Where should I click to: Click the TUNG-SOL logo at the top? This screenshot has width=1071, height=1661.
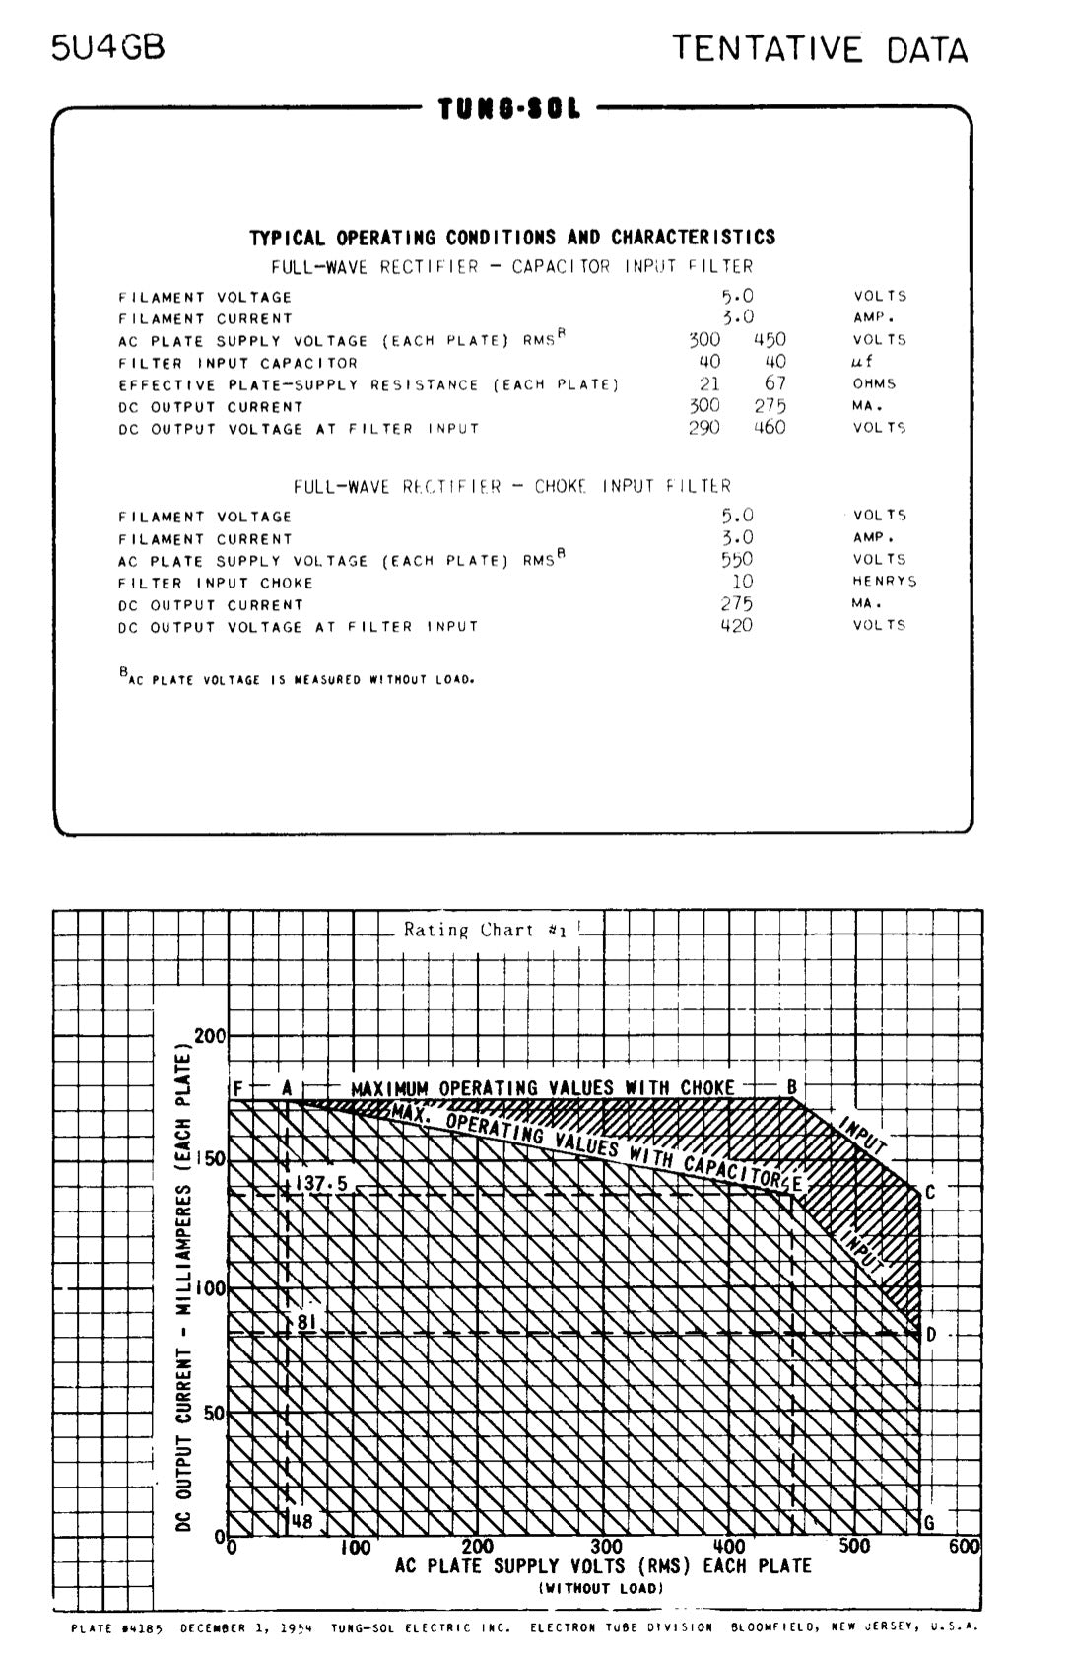509,107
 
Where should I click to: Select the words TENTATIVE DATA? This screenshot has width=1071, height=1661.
820,49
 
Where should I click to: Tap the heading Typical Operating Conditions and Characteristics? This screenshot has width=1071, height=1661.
511,238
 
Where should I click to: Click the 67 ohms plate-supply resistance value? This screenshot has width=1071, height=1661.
775,383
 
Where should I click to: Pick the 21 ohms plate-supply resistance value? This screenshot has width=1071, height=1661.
709,383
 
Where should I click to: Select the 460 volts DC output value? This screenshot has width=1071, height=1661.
770,427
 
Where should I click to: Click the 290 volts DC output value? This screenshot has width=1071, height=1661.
703,427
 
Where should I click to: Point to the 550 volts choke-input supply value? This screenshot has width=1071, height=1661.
736,559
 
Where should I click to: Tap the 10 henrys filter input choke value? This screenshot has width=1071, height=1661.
742,581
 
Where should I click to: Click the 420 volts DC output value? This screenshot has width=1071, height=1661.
736,625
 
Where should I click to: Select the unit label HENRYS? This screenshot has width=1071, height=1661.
884,582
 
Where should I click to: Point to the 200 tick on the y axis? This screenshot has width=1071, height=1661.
210,1036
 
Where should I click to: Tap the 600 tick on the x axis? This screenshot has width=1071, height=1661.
964,1546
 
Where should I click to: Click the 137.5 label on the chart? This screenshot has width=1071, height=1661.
321,1183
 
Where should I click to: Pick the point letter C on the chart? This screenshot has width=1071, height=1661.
930,1193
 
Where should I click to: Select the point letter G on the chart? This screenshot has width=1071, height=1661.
928,1523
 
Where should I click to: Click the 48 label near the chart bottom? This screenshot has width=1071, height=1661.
301,1521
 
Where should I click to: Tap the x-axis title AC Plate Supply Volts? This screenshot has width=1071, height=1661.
603,1565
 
